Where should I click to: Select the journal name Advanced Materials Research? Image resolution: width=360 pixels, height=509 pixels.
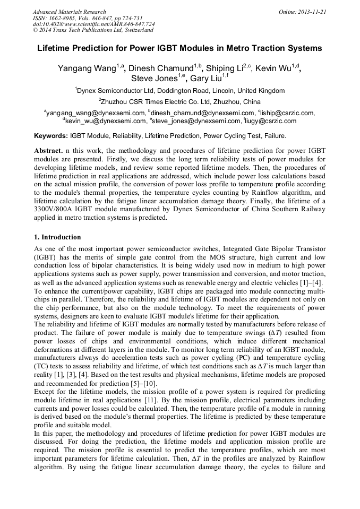point(69,12)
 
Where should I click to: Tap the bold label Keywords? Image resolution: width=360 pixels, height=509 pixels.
point(50,136)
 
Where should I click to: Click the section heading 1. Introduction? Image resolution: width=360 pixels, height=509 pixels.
point(58,237)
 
